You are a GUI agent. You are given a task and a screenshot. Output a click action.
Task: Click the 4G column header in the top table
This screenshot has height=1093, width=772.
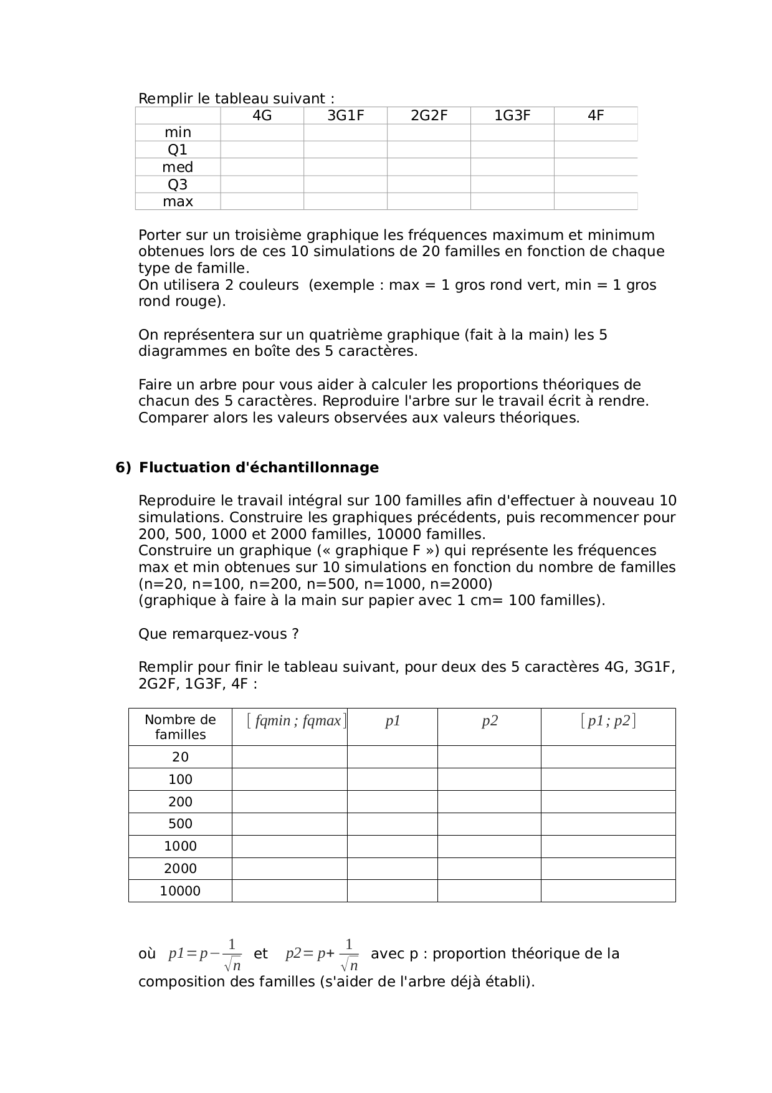262,115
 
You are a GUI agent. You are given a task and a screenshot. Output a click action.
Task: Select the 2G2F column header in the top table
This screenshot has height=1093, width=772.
429,115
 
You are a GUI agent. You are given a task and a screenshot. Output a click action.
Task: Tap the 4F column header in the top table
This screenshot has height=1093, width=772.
596,115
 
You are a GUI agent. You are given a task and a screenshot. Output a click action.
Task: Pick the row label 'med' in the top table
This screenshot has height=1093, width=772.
178,167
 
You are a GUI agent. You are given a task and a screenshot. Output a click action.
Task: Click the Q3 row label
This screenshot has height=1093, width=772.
178,184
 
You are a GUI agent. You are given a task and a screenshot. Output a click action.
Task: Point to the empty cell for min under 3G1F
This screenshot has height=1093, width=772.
345,132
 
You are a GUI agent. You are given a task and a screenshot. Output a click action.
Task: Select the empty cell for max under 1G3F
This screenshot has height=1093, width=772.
512,201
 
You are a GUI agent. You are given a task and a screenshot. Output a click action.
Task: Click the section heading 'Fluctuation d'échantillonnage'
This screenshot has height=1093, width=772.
259,467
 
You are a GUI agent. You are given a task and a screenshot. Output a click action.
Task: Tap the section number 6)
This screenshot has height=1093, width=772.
123,467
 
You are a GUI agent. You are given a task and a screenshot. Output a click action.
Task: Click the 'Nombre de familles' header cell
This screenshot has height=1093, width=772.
180,727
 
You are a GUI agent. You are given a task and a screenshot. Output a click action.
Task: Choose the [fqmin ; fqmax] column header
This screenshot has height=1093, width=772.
296,721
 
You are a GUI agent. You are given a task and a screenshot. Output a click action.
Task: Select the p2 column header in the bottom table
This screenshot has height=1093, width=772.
490,721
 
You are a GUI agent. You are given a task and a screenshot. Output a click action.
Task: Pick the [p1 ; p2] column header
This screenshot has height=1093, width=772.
608,721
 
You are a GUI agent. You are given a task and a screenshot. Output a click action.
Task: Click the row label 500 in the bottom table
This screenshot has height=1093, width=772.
180,824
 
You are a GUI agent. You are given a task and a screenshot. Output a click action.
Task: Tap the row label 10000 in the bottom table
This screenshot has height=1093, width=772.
180,891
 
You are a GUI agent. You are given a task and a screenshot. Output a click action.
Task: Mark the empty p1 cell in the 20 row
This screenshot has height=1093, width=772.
393,757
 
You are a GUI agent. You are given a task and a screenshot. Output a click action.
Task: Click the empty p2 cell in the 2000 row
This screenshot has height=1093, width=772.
490,869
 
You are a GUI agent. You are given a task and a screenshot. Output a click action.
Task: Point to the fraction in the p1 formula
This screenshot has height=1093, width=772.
232,955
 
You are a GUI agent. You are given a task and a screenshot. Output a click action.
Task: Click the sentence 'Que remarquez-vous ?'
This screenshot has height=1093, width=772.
218,634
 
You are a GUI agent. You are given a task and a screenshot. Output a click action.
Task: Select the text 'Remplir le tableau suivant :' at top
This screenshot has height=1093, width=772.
236,98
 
